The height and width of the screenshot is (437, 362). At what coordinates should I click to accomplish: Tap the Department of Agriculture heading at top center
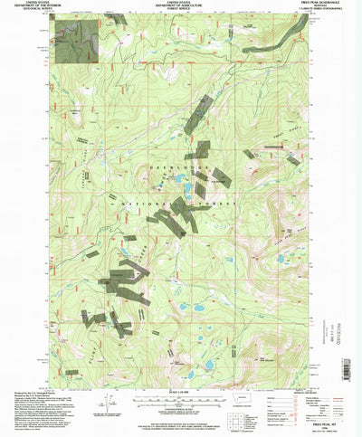pyautogui.click(x=181, y=7)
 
